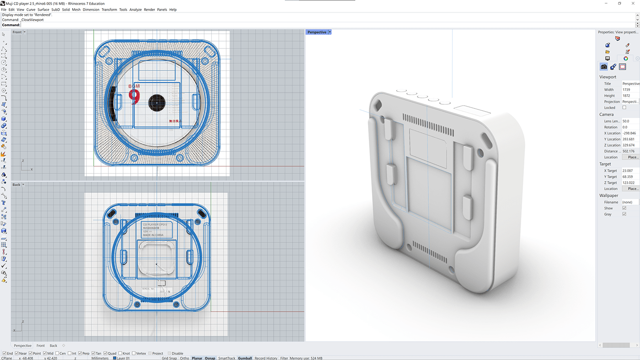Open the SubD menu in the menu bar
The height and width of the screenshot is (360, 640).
[x=55, y=10]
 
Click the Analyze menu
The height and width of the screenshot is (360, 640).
[x=135, y=10]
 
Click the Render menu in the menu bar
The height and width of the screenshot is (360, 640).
[x=149, y=10]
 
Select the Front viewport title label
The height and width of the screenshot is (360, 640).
[x=17, y=32]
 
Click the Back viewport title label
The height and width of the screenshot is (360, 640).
[x=16, y=185]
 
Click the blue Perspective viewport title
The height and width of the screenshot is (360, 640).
[x=317, y=32]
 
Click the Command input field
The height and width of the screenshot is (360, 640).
[x=320, y=25]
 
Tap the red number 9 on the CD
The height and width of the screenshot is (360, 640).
[x=134, y=97]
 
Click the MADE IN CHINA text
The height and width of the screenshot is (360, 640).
[x=153, y=235]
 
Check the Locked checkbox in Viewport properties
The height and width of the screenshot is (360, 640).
[x=624, y=107]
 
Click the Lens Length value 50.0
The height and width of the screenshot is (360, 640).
[x=626, y=121]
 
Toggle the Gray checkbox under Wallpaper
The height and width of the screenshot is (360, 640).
[x=624, y=214]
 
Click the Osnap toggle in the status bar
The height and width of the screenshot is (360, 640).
[x=210, y=358]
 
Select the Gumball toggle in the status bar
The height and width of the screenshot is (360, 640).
[x=245, y=358]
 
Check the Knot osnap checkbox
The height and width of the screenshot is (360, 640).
[x=120, y=354]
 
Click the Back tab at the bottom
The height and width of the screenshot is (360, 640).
[x=53, y=346]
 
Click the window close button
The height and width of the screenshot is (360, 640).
[x=632, y=3]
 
